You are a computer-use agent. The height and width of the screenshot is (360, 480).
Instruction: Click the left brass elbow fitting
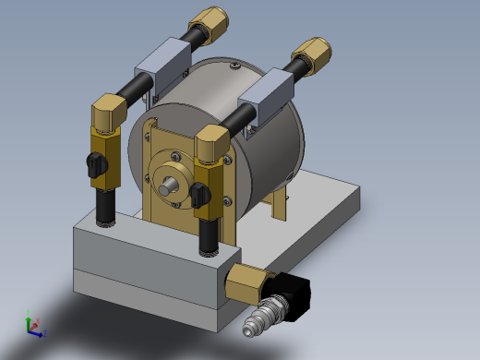pos(108,114)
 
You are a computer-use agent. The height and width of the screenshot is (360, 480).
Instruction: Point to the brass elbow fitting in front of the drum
pos(211,144)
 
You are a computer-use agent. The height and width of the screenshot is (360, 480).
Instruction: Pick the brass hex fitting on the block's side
pos(246,282)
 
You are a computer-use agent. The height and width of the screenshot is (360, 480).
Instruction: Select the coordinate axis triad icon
pos(32,324)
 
